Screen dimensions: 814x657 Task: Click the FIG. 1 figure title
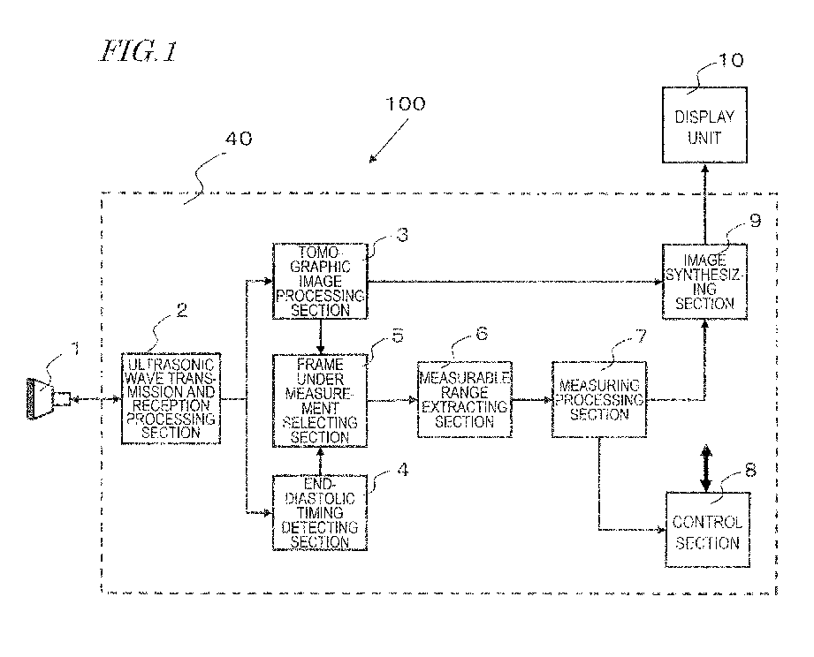(139, 51)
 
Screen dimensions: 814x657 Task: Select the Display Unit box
(704, 125)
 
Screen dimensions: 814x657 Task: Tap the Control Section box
(708, 530)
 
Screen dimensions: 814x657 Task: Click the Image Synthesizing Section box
(704, 282)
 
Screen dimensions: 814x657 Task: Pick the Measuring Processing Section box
(599, 400)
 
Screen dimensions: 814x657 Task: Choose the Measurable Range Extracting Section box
(465, 400)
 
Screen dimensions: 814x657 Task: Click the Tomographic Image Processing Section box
(320, 281)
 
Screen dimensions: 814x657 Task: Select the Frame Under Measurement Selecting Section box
(320, 401)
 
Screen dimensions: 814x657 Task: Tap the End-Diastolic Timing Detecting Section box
(320, 512)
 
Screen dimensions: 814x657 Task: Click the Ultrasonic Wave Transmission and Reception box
(171, 399)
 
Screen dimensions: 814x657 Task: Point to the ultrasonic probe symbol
(49, 398)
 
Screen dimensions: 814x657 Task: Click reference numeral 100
(406, 104)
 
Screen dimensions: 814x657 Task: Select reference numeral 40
(239, 139)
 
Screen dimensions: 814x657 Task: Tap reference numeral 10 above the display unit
(730, 60)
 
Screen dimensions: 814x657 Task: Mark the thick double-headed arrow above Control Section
(705, 468)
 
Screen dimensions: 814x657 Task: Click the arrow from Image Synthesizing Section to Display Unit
(704, 204)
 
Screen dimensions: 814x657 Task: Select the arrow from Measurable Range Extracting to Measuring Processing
(532, 400)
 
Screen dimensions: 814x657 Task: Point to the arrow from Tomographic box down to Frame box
(320, 336)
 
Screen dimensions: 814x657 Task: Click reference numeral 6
(482, 334)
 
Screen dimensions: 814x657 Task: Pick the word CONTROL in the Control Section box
(707, 522)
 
